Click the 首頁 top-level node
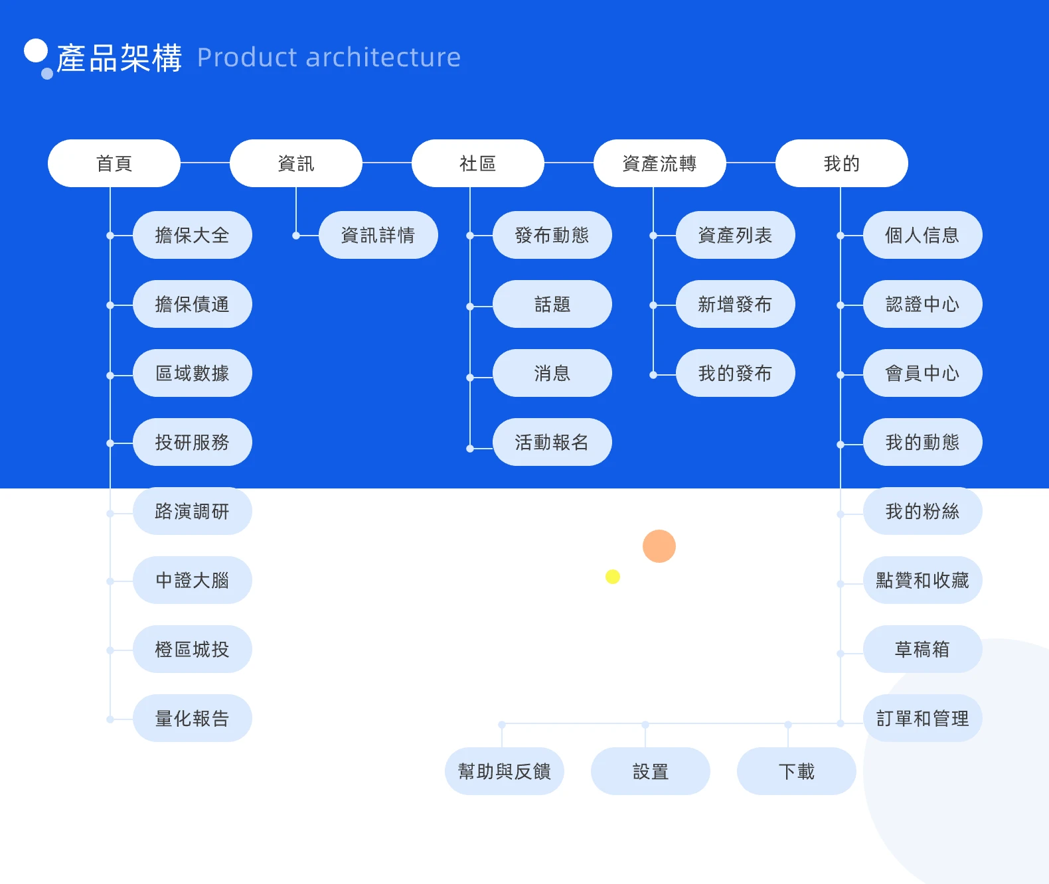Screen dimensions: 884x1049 click(x=114, y=163)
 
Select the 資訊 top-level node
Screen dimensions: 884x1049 click(x=296, y=163)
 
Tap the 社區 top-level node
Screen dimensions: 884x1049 click(x=478, y=163)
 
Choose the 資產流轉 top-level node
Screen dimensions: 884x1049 click(x=659, y=163)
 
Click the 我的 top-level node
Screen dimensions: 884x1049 click(x=841, y=163)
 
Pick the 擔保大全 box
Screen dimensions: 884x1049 click(x=193, y=235)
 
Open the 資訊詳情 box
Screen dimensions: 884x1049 click(x=378, y=235)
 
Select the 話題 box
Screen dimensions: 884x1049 click(x=552, y=304)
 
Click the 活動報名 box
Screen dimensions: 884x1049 click(x=552, y=442)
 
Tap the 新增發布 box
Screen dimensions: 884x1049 click(x=736, y=304)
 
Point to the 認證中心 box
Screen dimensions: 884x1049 click(x=923, y=304)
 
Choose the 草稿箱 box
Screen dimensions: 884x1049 click(x=923, y=649)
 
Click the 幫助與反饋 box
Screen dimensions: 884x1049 click(x=505, y=771)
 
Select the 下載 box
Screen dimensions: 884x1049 click(x=797, y=771)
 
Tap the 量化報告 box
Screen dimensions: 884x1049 click(x=193, y=718)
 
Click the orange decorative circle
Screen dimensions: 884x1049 click(x=659, y=546)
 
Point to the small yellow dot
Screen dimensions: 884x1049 click(x=613, y=577)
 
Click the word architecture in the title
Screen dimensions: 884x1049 click(x=383, y=58)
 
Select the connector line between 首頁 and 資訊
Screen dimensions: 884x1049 click(x=205, y=163)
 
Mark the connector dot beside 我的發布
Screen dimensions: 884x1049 click(x=653, y=375)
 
